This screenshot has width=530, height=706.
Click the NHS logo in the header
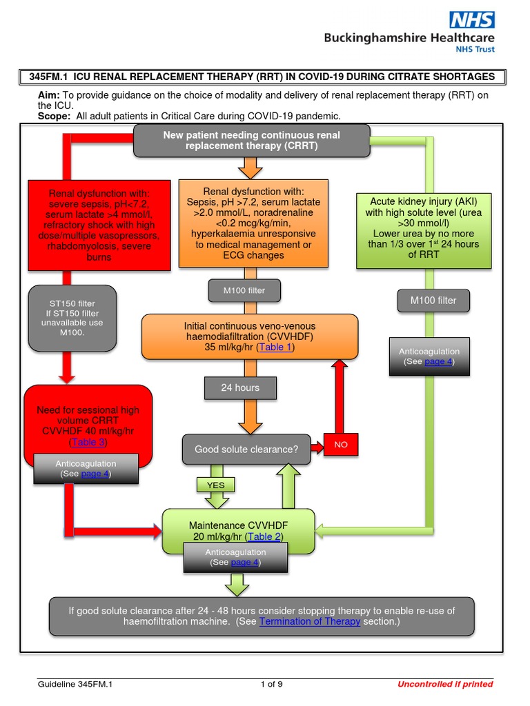coord(472,19)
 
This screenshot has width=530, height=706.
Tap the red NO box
coord(341,445)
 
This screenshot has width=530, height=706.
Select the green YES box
coord(216,485)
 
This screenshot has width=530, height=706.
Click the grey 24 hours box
coord(240,388)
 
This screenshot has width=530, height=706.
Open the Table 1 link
coord(275,347)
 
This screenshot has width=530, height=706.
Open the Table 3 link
coord(88,443)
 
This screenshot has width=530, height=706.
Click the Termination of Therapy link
coord(309,621)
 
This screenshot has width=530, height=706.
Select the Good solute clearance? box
coord(246,450)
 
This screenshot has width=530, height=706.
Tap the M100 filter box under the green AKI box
coord(433,301)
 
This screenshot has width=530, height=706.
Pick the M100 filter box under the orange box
coord(244,291)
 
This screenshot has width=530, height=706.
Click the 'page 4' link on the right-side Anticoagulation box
coord(438,362)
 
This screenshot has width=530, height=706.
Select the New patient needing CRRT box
coord(251,141)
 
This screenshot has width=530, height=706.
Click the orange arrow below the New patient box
coord(250,168)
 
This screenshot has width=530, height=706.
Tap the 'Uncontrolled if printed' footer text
coord(445,684)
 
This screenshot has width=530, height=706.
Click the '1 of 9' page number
coord(271,684)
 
